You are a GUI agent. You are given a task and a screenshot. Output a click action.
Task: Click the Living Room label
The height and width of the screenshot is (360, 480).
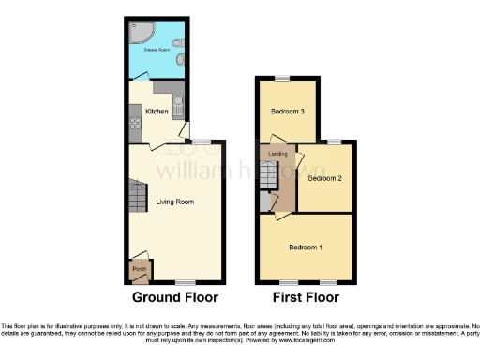click(174, 202)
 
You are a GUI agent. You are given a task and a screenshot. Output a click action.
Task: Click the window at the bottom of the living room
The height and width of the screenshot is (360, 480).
click(187, 282)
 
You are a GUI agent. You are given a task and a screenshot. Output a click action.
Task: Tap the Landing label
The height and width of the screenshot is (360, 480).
click(277, 153)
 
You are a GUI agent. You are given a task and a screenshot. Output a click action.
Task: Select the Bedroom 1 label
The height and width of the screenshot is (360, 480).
click(305, 247)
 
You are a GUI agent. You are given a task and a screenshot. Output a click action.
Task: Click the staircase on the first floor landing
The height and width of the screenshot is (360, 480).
click(266, 175)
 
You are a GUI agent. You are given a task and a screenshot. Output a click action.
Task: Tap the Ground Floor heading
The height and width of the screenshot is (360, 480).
click(174, 297)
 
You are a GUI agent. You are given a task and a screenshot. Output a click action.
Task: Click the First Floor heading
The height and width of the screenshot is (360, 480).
click(305, 297)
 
